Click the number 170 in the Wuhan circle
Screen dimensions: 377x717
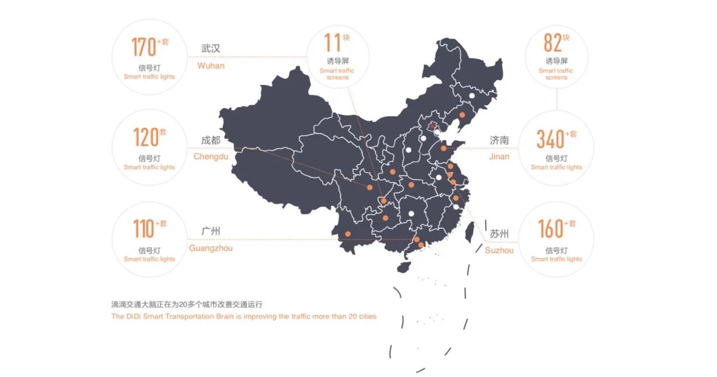[143, 47]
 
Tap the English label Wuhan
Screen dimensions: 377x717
[211, 66]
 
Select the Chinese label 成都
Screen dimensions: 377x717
[211, 141]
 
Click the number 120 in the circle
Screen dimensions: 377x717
[145, 138]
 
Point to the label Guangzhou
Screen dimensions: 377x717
[211, 248]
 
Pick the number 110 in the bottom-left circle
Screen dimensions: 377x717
[143, 229]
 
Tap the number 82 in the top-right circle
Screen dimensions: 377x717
[552, 43]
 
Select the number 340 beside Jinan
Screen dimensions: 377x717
[550, 139]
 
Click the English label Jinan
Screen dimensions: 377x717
[500, 157]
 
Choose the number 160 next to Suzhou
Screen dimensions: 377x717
[550, 229]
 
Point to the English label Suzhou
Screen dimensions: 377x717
[499, 250]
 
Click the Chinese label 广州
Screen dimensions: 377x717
[211, 231]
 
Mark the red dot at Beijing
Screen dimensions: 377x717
[432, 126]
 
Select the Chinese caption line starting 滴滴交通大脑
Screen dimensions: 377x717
[186, 304]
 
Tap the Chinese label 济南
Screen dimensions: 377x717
[500, 141]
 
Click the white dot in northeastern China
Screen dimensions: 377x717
[471, 96]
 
